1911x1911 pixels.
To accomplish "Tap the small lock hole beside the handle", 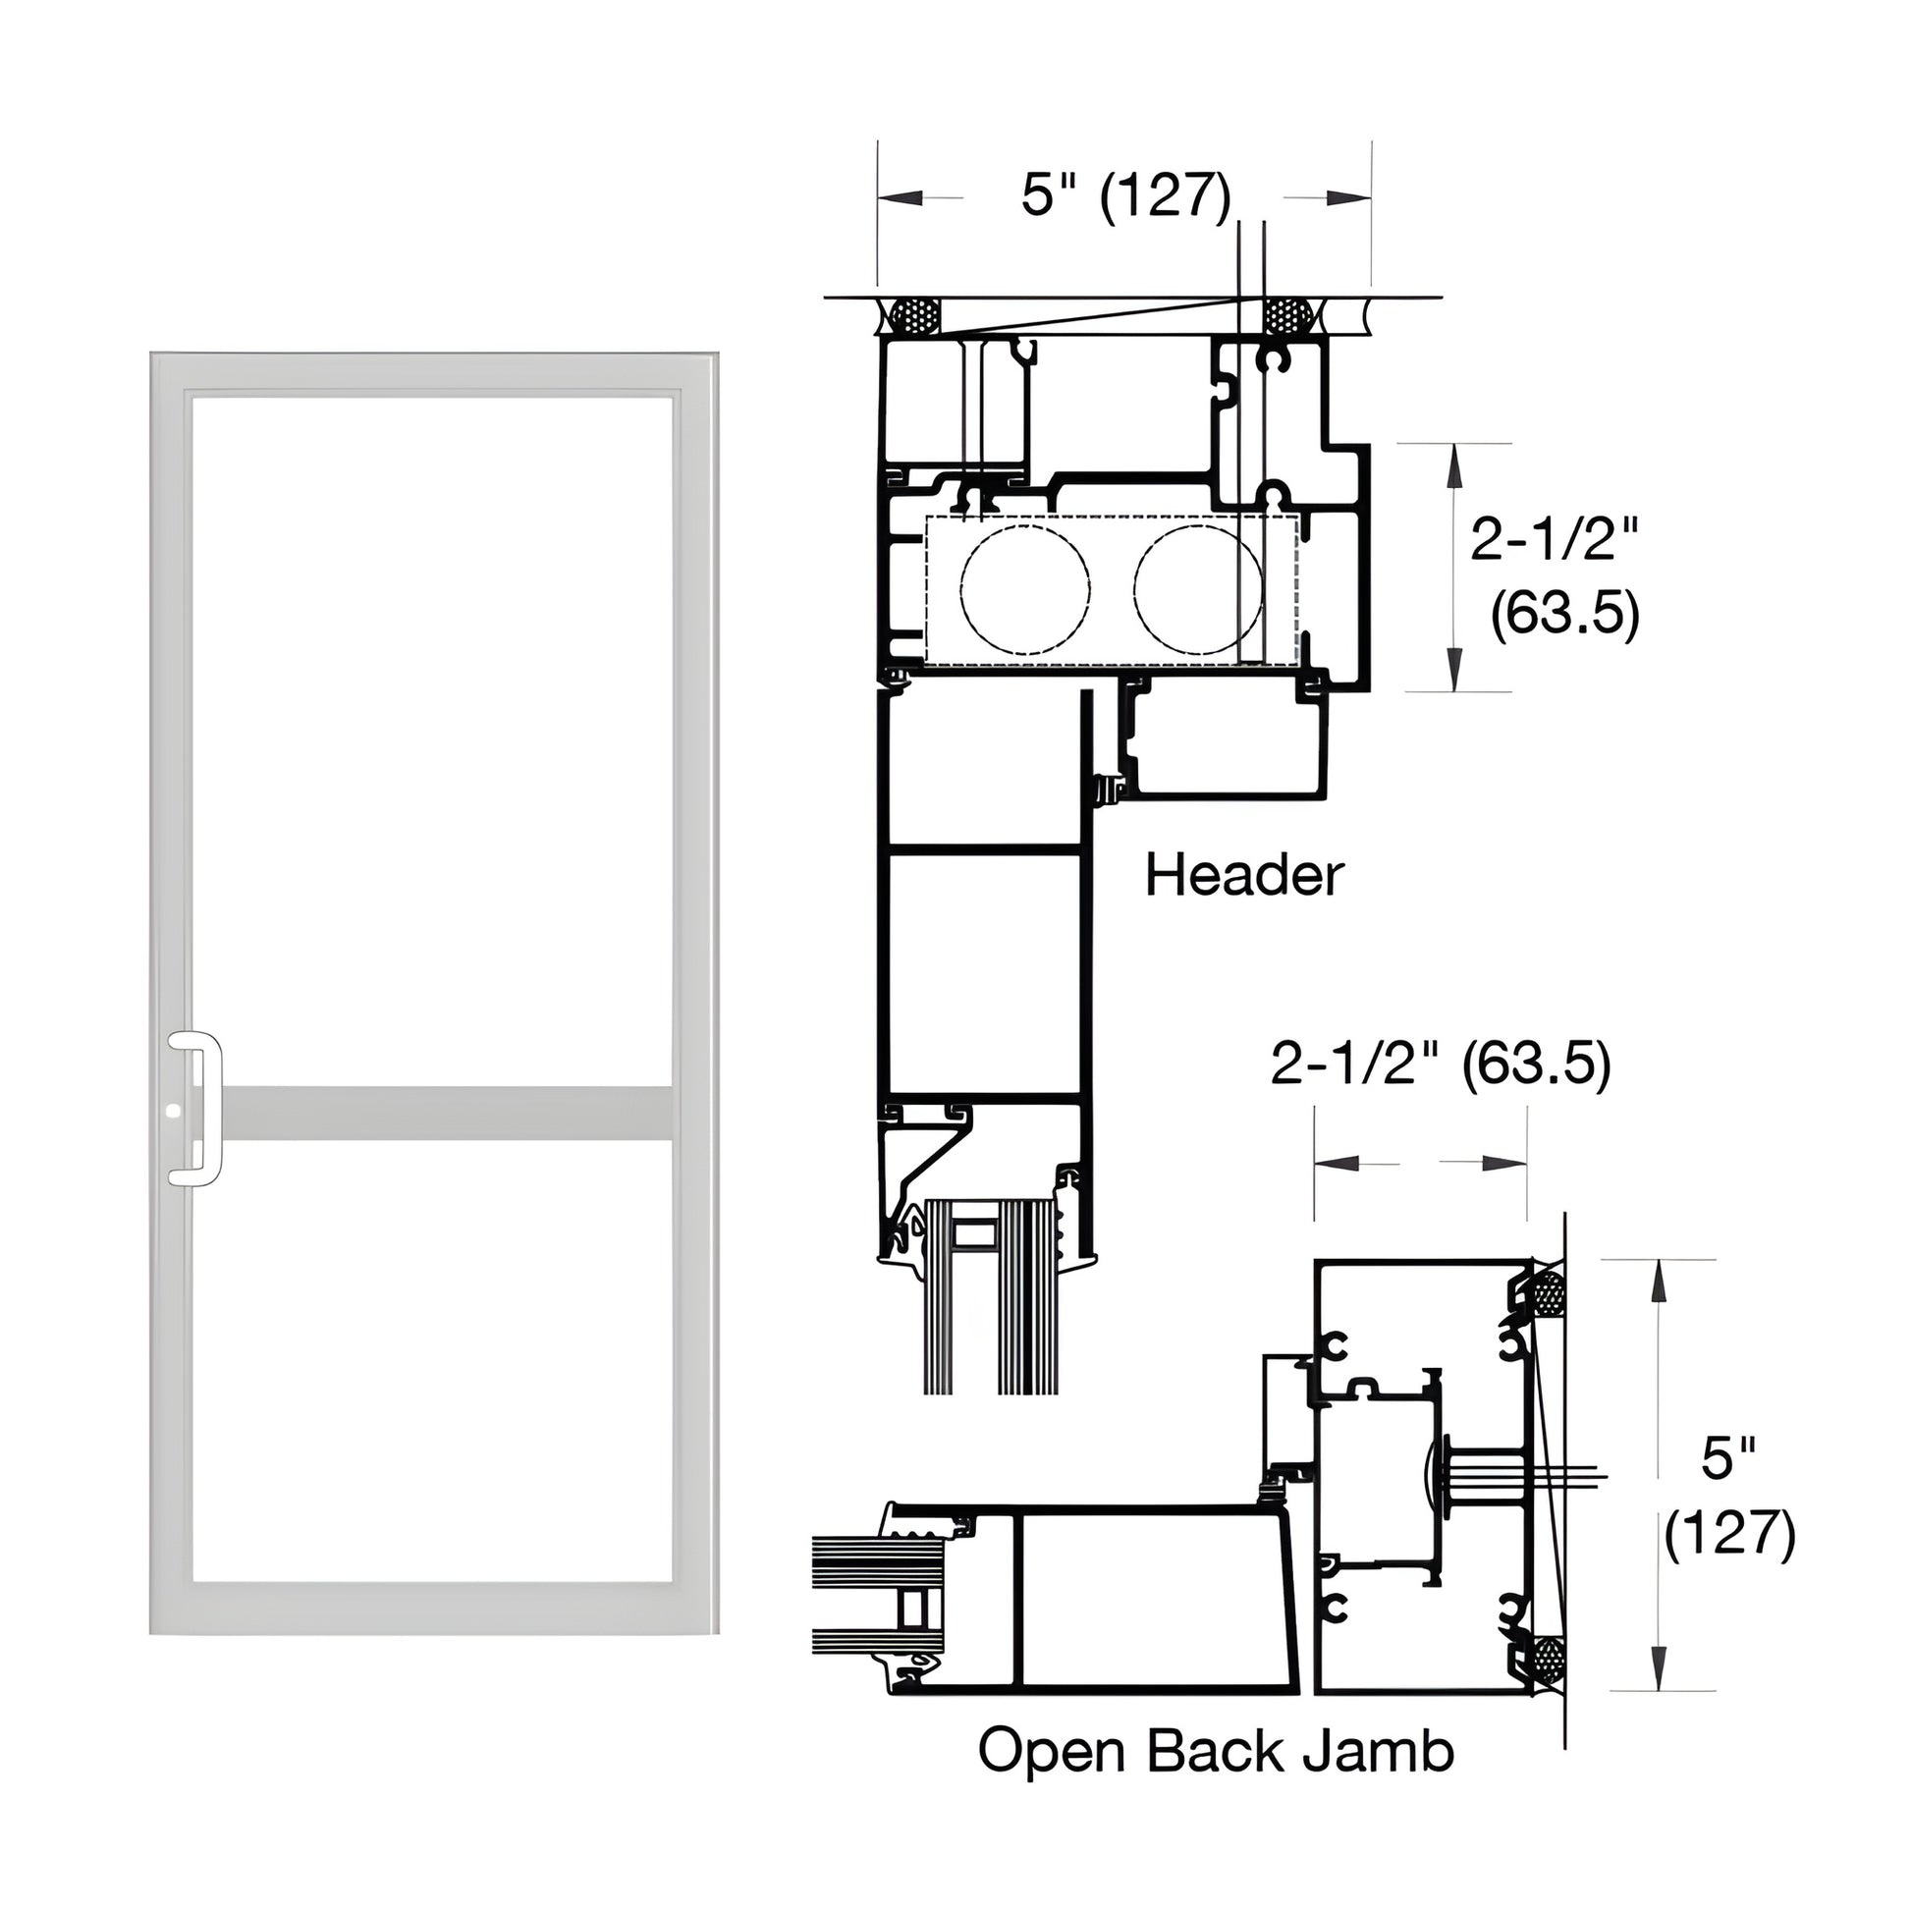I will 175,1112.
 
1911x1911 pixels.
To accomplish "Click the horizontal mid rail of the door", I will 445,1113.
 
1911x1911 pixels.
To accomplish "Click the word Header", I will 1244,876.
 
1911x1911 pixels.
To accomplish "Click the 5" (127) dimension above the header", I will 1125,194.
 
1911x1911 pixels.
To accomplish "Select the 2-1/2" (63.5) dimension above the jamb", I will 1441,1065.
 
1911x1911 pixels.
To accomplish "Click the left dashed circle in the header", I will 1025,589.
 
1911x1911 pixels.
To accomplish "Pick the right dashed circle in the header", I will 1198,589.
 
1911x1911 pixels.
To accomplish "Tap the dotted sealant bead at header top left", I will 915,315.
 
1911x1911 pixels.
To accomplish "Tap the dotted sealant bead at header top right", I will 1286,315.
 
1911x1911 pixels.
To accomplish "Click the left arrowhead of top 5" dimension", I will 901,197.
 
